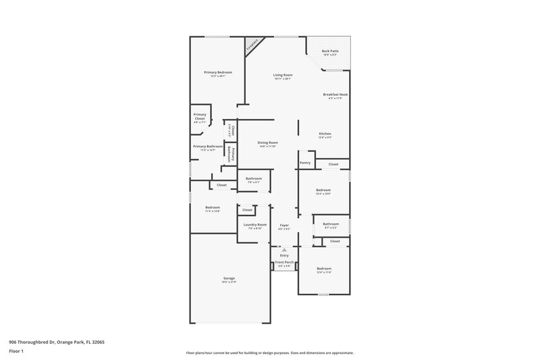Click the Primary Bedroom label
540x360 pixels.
coord(218,72)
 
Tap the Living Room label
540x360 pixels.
coord(282,74)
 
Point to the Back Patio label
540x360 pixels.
coord(329,51)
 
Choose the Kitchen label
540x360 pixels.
coord(325,134)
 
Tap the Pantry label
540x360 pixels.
coord(305,163)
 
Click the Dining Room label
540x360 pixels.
coord(268,143)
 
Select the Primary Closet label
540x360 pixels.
coord(200,116)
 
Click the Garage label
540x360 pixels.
coord(230,278)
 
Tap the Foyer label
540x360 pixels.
coord(284,224)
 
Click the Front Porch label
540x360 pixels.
coord(284,262)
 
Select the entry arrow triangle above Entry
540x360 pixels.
coord(284,250)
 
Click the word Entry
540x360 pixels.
coord(284,255)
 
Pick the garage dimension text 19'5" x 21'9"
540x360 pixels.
coord(230,282)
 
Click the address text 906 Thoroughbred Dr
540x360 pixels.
coord(57,342)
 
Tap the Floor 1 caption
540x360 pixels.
coord(16,352)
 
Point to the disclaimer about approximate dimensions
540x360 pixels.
coord(269,353)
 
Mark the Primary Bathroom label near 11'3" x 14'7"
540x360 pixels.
coord(208,146)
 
